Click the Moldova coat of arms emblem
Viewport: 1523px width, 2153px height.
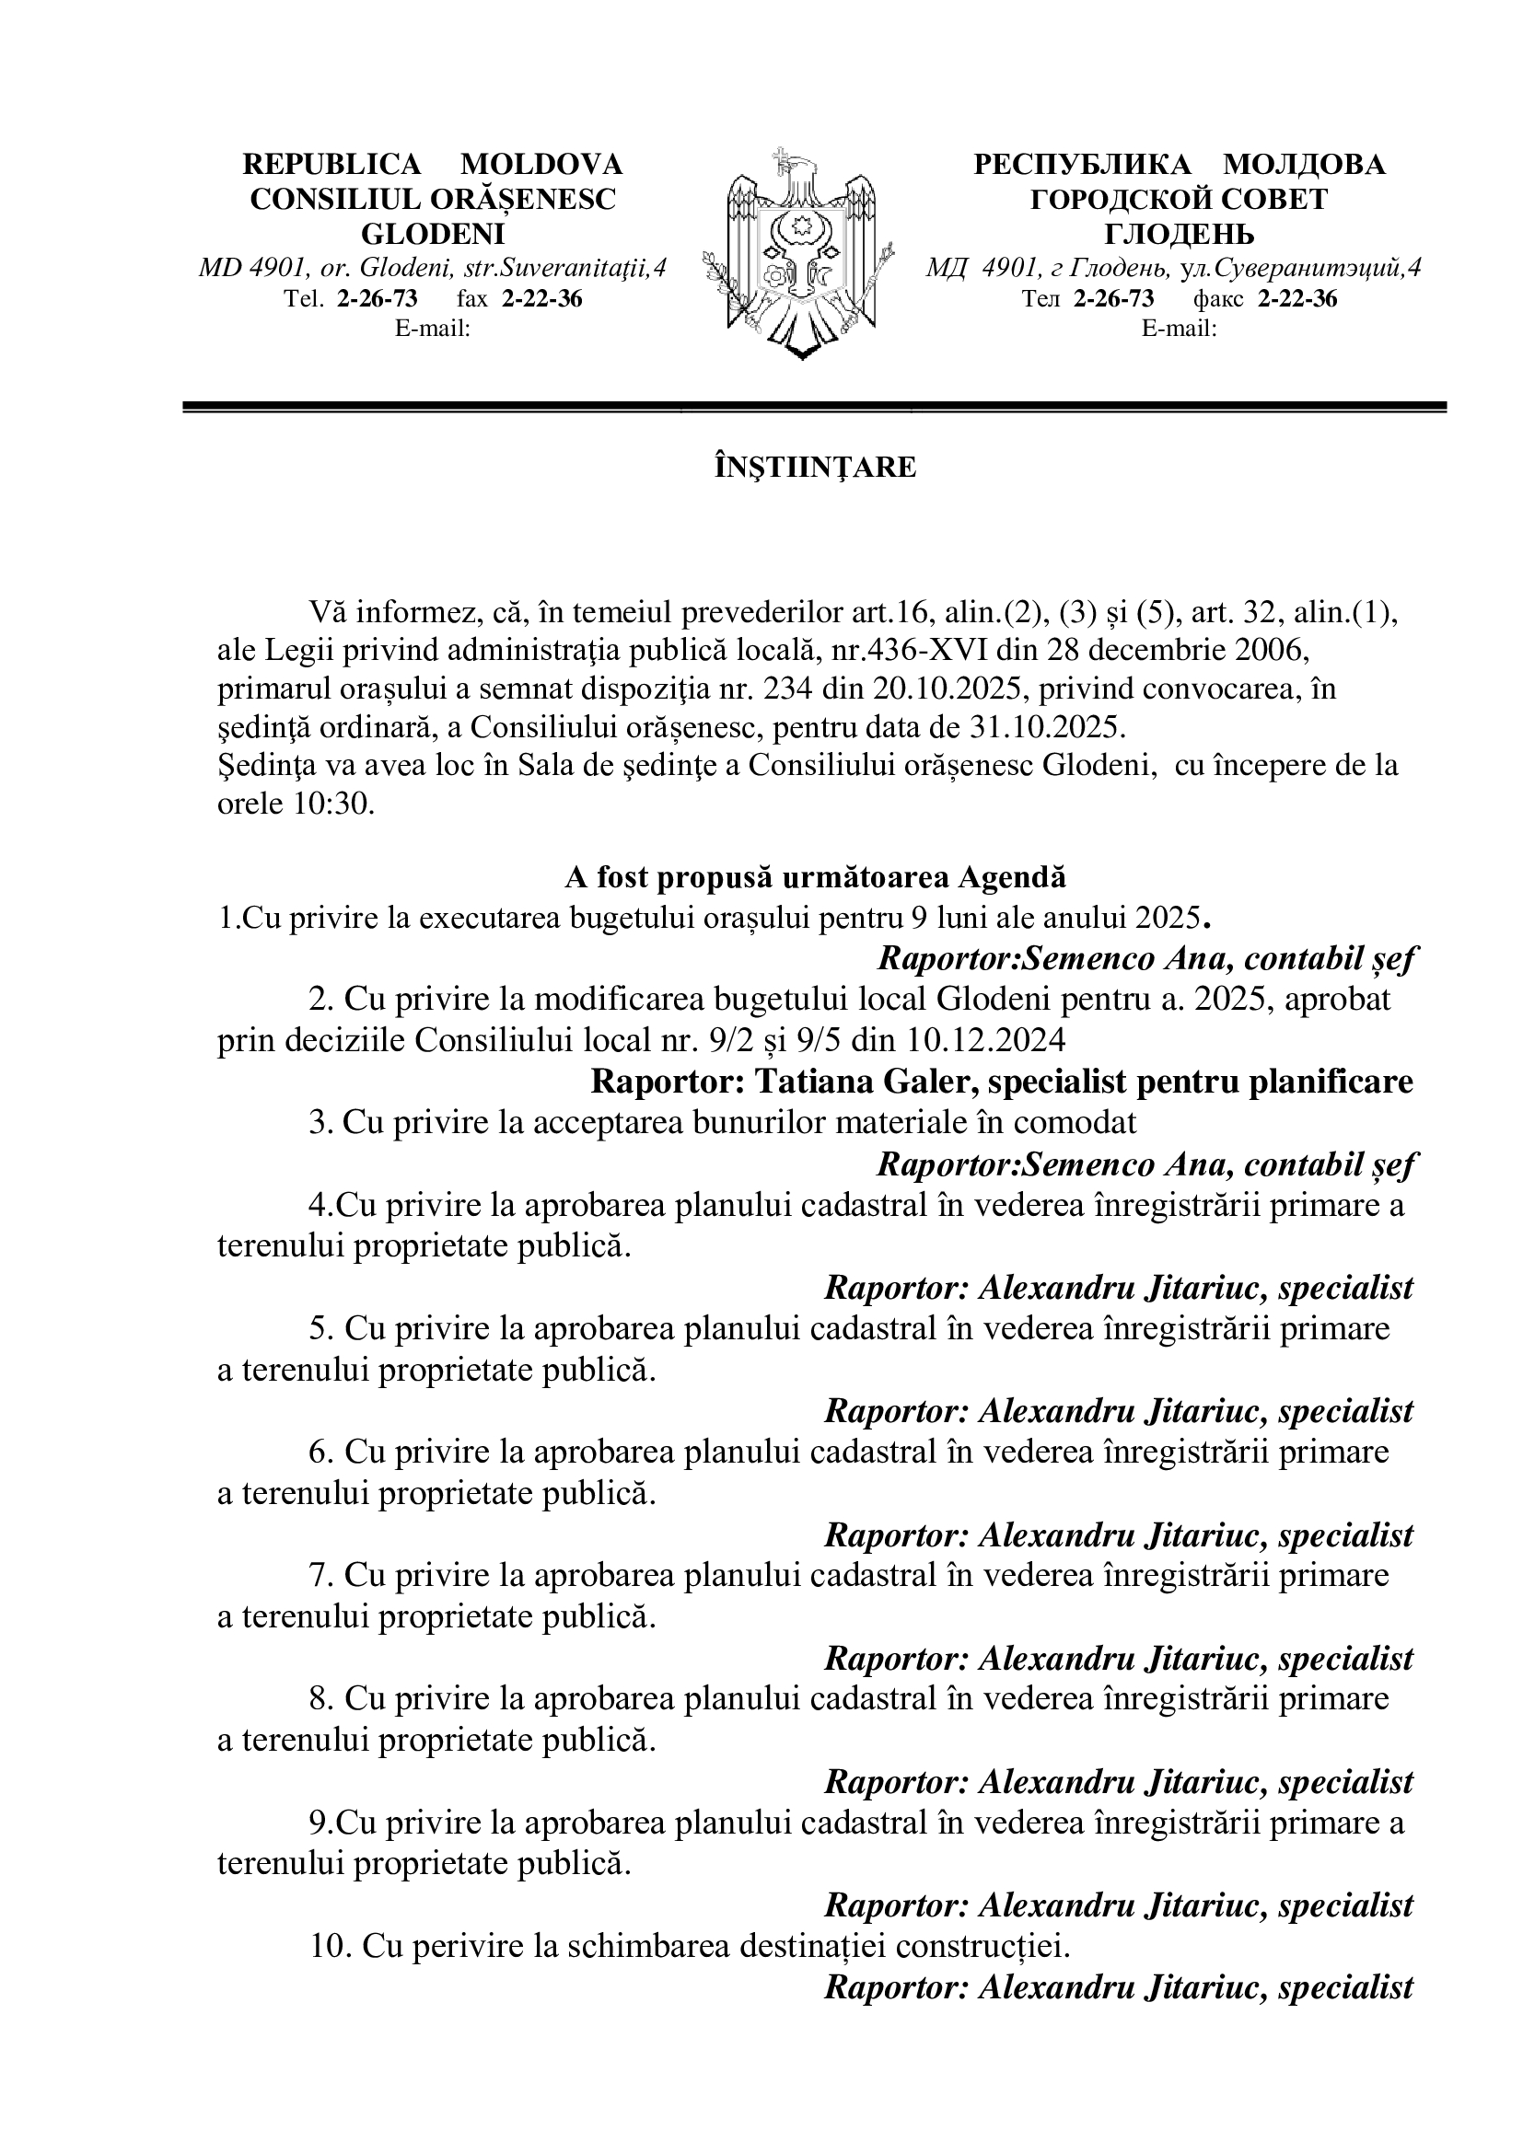pyautogui.click(x=803, y=253)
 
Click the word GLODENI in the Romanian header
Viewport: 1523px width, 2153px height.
pyautogui.click(x=433, y=234)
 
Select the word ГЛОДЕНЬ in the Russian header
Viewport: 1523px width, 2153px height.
pyautogui.click(x=1179, y=234)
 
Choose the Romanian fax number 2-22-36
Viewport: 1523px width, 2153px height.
pyautogui.click(x=542, y=299)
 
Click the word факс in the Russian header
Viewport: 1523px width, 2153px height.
pyautogui.click(x=1218, y=299)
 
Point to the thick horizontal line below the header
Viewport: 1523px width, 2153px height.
pyautogui.click(x=815, y=406)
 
